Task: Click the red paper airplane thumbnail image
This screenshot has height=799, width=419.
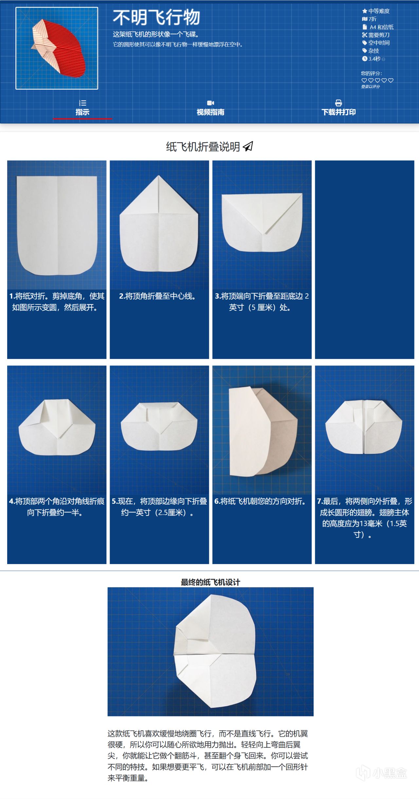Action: (x=57, y=48)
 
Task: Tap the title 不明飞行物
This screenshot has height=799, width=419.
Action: (x=156, y=17)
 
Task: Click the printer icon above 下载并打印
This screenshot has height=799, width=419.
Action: (x=338, y=103)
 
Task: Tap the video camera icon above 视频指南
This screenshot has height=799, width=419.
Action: (x=210, y=103)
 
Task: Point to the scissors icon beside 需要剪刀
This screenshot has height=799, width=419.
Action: (x=364, y=35)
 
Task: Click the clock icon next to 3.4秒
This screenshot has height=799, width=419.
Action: (x=365, y=59)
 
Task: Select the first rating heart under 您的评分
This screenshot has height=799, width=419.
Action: (x=364, y=80)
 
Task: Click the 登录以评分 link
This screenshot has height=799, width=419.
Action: (x=371, y=87)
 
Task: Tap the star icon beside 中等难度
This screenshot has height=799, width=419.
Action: (x=365, y=11)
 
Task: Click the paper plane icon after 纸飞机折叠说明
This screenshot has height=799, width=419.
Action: (x=248, y=146)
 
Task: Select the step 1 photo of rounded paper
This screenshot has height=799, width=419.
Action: (x=57, y=225)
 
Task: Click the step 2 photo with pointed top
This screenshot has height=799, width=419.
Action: (x=159, y=225)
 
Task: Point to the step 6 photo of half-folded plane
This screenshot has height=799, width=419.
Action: (x=262, y=430)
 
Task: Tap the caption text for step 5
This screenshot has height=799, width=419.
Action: (x=159, y=507)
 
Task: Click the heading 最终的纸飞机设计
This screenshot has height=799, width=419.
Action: (x=210, y=582)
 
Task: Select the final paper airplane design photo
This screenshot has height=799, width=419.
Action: (x=210, y=652)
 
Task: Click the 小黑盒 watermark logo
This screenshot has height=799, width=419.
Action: (x=381, y=773)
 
